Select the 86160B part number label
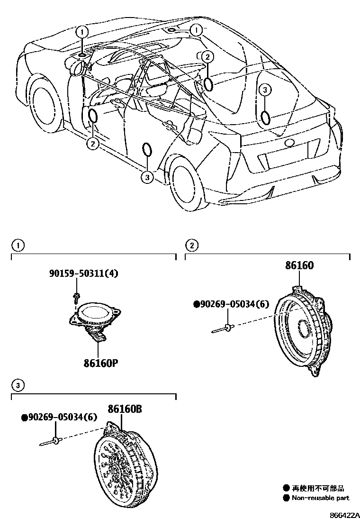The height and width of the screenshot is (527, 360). [124, 409]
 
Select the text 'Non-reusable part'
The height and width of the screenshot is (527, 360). [320, 498]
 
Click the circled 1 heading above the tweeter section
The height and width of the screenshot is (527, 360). [18, 245]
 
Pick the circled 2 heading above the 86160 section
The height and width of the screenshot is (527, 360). [191, 245]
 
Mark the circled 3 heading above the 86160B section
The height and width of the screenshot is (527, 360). [18, 385]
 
